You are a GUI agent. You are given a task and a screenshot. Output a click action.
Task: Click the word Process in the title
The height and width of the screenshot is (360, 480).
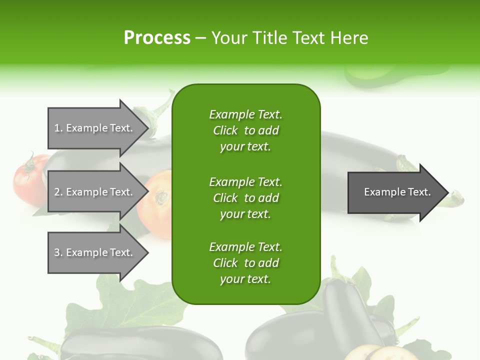click(x=157, y=38)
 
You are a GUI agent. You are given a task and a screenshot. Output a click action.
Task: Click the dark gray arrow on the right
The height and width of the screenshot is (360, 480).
click(x=395, y=192)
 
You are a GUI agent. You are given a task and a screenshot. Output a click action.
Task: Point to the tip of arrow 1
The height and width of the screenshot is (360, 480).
click(x=147, y=128)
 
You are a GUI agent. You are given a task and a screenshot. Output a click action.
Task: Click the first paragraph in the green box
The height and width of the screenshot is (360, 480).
click(x=245, y=130)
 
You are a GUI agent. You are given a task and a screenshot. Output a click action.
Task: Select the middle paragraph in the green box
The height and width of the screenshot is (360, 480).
click(x=245, y=197)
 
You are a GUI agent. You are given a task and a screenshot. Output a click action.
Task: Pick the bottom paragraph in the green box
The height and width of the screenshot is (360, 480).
click(x=245, y=263)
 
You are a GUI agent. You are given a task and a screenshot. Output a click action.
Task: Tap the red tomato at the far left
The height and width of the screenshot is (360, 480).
click(x=27, y=177)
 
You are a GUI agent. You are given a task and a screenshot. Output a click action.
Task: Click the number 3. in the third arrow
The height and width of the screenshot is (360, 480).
click(x=58, y=252)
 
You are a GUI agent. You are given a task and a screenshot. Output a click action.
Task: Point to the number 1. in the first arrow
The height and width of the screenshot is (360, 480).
click(x=58, y=128)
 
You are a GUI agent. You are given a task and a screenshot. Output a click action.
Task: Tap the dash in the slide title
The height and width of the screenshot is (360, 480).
click(x=201, y=38)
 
